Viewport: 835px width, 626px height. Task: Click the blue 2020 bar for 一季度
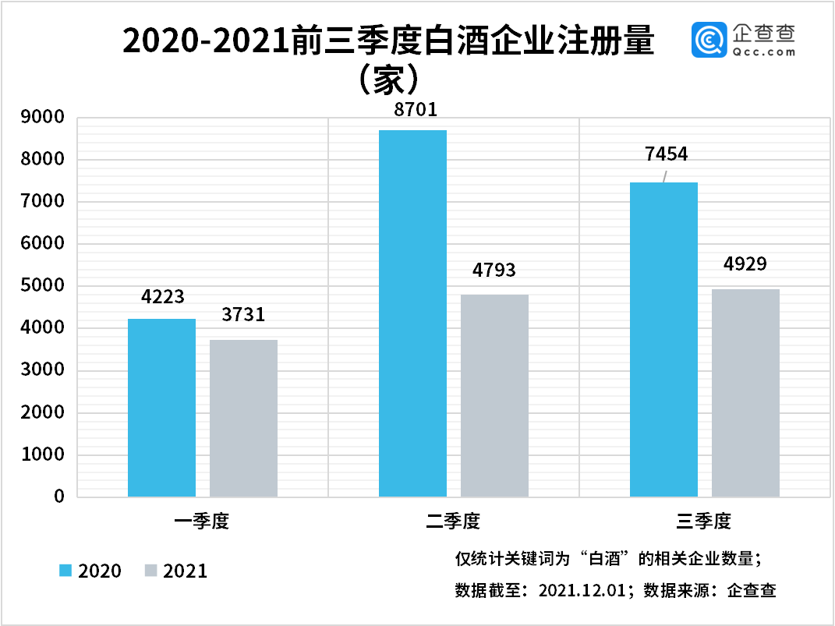pos(161,407)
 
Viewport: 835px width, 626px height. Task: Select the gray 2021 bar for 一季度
pos(243,418)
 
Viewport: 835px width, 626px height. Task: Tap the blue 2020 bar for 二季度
pos(412,313)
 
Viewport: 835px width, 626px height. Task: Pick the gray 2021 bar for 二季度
pos(494,395)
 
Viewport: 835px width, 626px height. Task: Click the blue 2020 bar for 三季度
pos(663,339)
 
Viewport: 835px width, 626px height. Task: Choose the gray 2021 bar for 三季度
pos(745,392)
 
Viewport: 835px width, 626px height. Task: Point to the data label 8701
pos(416,110)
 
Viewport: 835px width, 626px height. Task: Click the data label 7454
pos(667,154)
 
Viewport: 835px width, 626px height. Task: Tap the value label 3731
pos(243,315)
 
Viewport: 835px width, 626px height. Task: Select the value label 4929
pos(745,263)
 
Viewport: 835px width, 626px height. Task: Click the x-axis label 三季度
pos(704,521)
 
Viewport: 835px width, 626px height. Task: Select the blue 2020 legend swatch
pos(66,571)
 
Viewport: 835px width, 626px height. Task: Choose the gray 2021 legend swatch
pos(152,571)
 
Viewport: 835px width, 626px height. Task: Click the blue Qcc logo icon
pos(708,40)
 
